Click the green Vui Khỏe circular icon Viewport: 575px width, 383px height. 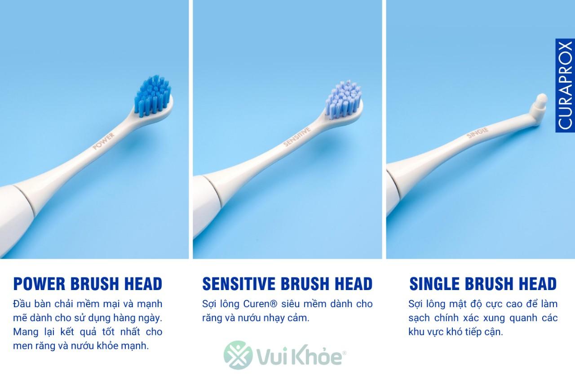pyautogui.click(x=238, y=355)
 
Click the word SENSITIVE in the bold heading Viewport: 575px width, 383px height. pyautogui.click(x=239, y=284)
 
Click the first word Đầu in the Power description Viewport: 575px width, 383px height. pyautogui.click(x=22, y=304)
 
